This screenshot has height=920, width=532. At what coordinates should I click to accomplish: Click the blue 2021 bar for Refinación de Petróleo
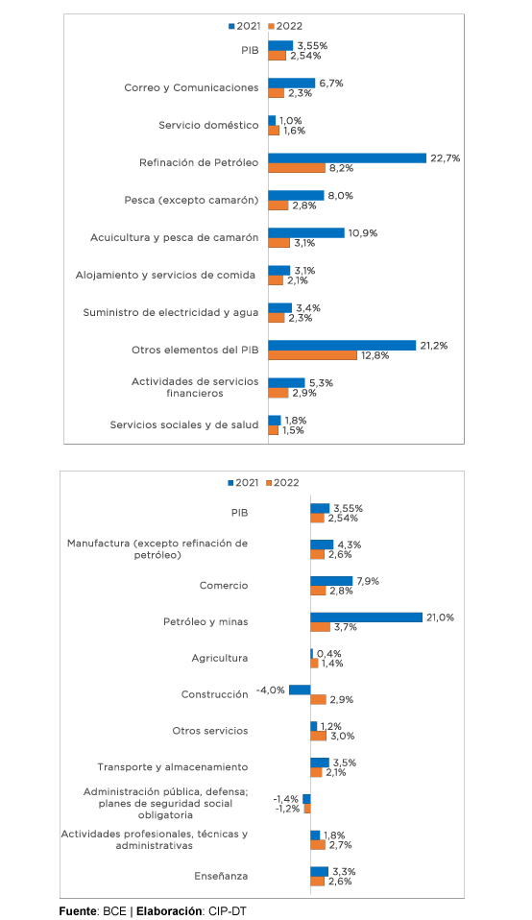tap(348, 157)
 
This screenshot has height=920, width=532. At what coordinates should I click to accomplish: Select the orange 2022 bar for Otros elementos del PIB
tap(313, 355)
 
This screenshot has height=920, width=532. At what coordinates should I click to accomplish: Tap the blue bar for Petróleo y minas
tap(367, 617)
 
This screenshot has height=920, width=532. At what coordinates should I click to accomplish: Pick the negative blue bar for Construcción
tap(300, 690)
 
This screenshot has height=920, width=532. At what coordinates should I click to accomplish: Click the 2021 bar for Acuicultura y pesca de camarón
tap(306, 233)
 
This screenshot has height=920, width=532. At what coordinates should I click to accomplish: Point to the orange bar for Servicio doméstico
tap(274, 131)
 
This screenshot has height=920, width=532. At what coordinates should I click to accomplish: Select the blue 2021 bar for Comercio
tap(331, 581)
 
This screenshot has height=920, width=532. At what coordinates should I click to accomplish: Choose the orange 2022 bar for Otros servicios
tap(319, 736)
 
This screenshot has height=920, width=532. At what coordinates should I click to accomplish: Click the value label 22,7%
tap(446, 158)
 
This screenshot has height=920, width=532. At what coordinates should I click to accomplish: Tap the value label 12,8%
tap(375, 355)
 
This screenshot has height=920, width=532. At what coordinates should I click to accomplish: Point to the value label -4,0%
tap(271, 690)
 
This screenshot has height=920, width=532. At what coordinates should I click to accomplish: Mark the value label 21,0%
tap(440, 617)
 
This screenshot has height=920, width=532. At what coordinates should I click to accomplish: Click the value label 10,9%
tap(363, 233)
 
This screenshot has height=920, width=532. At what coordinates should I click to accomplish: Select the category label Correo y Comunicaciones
tap(191, 88)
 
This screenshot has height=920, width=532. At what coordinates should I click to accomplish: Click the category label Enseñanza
tap(221, 876)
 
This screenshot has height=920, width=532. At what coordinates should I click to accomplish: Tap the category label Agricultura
tap(220, 659)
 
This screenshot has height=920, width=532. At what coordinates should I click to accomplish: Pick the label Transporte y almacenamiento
tap(173, 767)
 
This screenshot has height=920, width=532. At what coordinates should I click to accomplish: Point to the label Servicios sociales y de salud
tap(184, 424)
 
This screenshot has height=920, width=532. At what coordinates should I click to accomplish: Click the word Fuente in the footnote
tap(78, 911)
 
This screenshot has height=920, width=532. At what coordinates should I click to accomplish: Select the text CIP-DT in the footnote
tap(228, 911)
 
